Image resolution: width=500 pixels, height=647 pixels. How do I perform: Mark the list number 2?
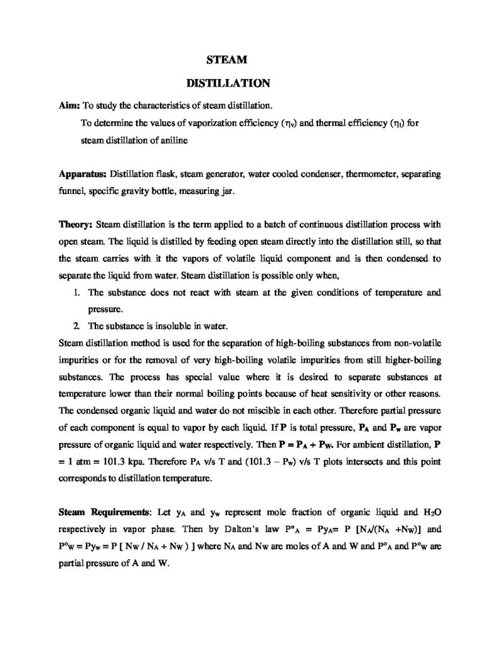[x=75, y=326]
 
